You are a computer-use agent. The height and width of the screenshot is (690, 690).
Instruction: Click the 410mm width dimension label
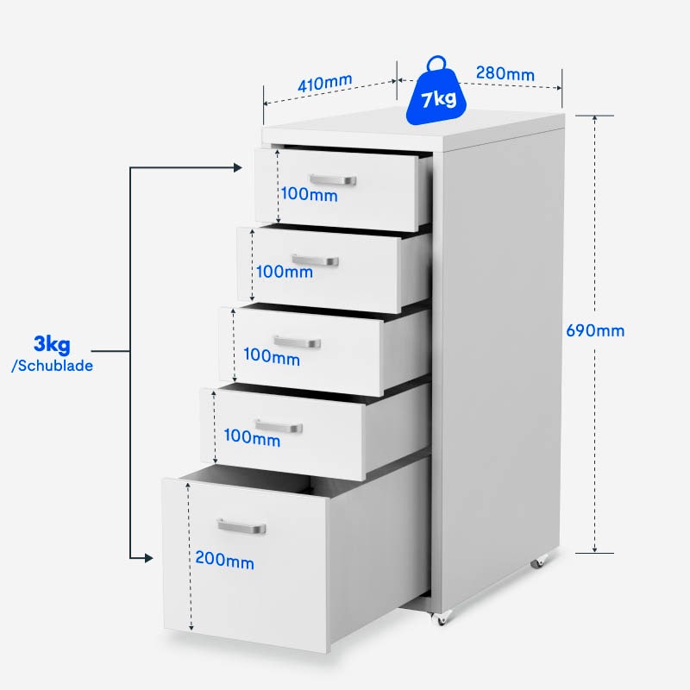(325, 84)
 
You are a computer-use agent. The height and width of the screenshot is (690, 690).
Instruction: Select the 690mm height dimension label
(595, 330)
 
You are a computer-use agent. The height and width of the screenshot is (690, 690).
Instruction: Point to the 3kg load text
(52, 346)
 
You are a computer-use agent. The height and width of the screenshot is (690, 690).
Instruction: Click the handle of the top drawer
(332, 179)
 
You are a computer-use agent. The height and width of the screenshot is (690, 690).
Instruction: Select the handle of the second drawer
(315, 260)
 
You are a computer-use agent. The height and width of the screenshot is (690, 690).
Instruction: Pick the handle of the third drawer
(297, 342)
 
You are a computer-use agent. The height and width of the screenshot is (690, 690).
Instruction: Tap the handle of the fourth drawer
(279, 426)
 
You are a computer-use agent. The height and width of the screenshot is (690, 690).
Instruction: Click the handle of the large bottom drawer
(241, 525)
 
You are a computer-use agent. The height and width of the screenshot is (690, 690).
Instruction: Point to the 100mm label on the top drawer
(309, 195)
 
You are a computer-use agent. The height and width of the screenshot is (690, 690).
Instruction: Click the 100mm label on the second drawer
(285, 272)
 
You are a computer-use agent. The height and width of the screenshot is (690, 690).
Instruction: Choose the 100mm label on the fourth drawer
(252, 437)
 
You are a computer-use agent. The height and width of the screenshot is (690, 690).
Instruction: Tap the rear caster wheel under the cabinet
(538, 561)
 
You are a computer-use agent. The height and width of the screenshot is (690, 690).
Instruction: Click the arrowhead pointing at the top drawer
(240, 167)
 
